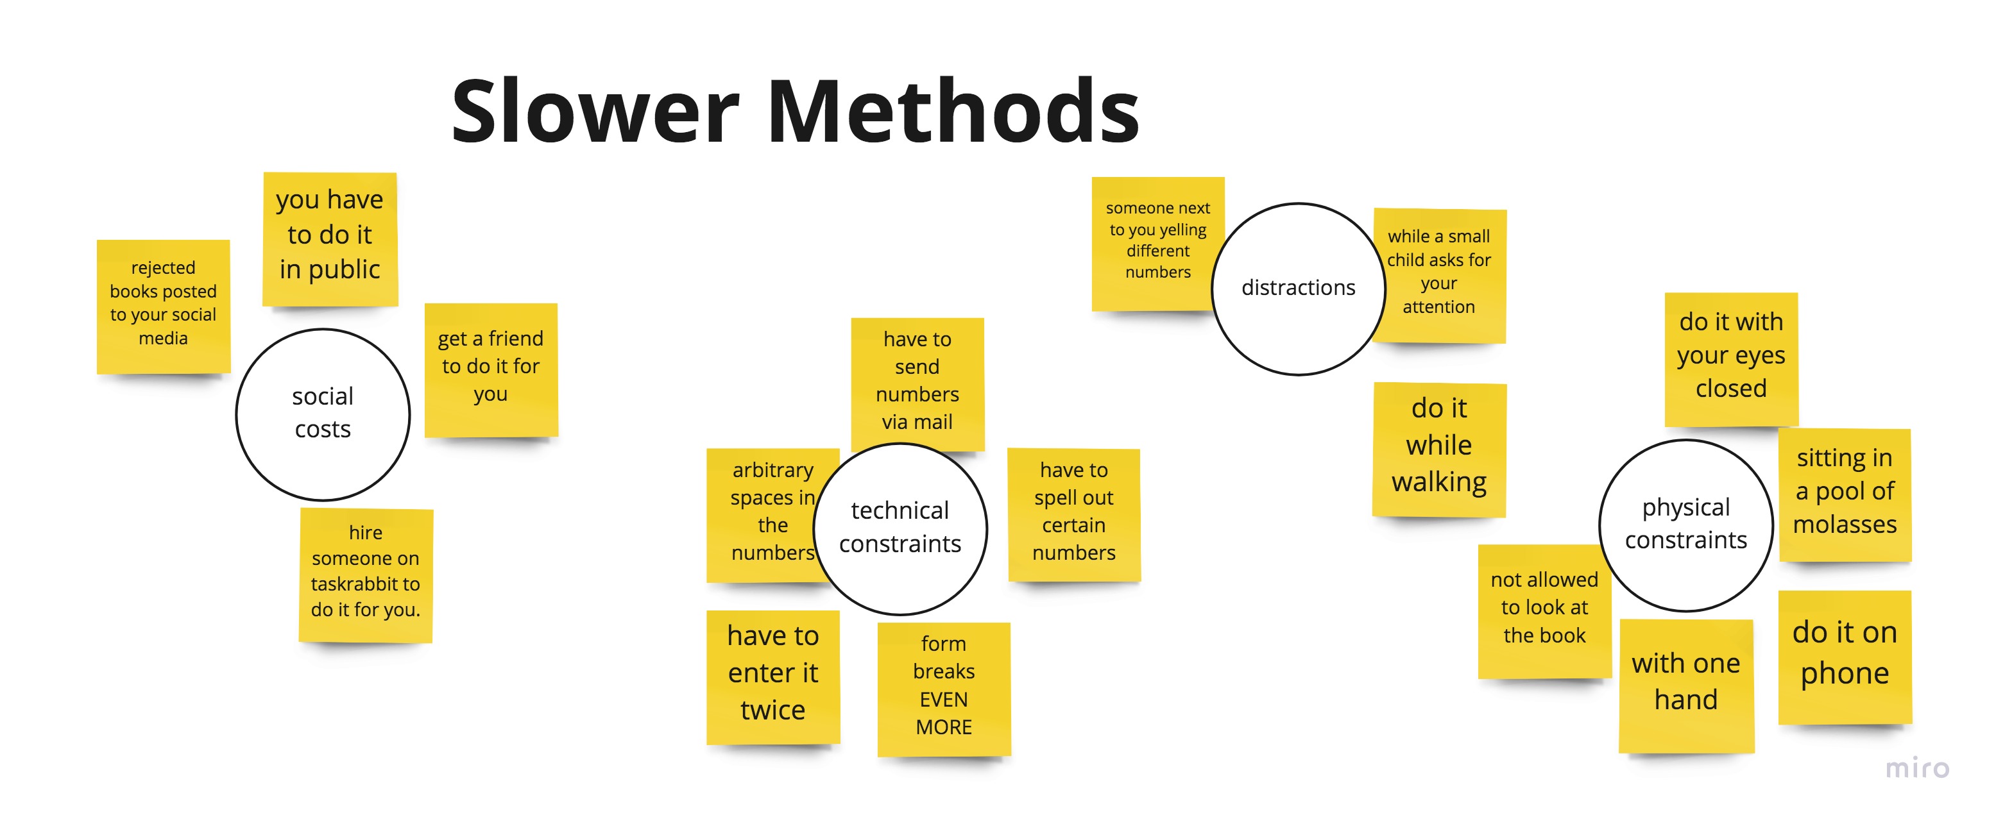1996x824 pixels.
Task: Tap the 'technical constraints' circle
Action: (900, 528)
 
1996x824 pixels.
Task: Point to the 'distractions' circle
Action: (1298, 288)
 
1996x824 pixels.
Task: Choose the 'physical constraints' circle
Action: (1685, 525)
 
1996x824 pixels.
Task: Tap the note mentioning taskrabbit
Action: (366, 573)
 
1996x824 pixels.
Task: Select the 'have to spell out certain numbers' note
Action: (1074, 513)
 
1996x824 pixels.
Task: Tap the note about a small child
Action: (1439, 273)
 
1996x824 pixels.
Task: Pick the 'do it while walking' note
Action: (1439, 447)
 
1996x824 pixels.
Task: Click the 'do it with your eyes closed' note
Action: (1731, 357)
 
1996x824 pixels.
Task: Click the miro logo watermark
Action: (1917, 768)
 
